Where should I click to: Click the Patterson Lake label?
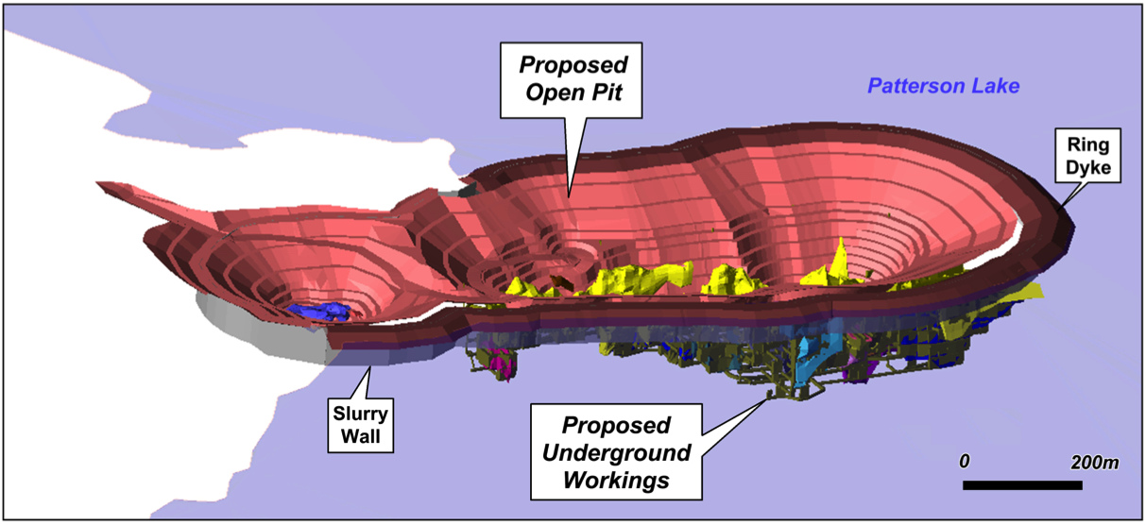[x=944, y=86]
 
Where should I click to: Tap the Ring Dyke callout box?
[x=1087, y=156]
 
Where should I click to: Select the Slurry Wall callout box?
[x=361, y=425]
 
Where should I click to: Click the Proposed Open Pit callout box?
[x=571, y=80]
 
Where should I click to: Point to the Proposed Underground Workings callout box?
[x=616, y=452]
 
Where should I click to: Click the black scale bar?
[x=1022, y=485]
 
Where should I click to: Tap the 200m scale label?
[x=1094, y=463]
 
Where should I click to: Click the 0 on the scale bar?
[x=965, y=461]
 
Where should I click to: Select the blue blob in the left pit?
[x=319, y=312]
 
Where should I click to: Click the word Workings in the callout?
[x=617, y=481]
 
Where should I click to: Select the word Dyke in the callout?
[x=1088, y=168]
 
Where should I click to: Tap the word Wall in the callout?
[x=361, y=436]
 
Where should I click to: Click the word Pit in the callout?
[x=607, y=93]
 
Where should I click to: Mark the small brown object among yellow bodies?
[x=561, y=281]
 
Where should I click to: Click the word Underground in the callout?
[x=617, y=453]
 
